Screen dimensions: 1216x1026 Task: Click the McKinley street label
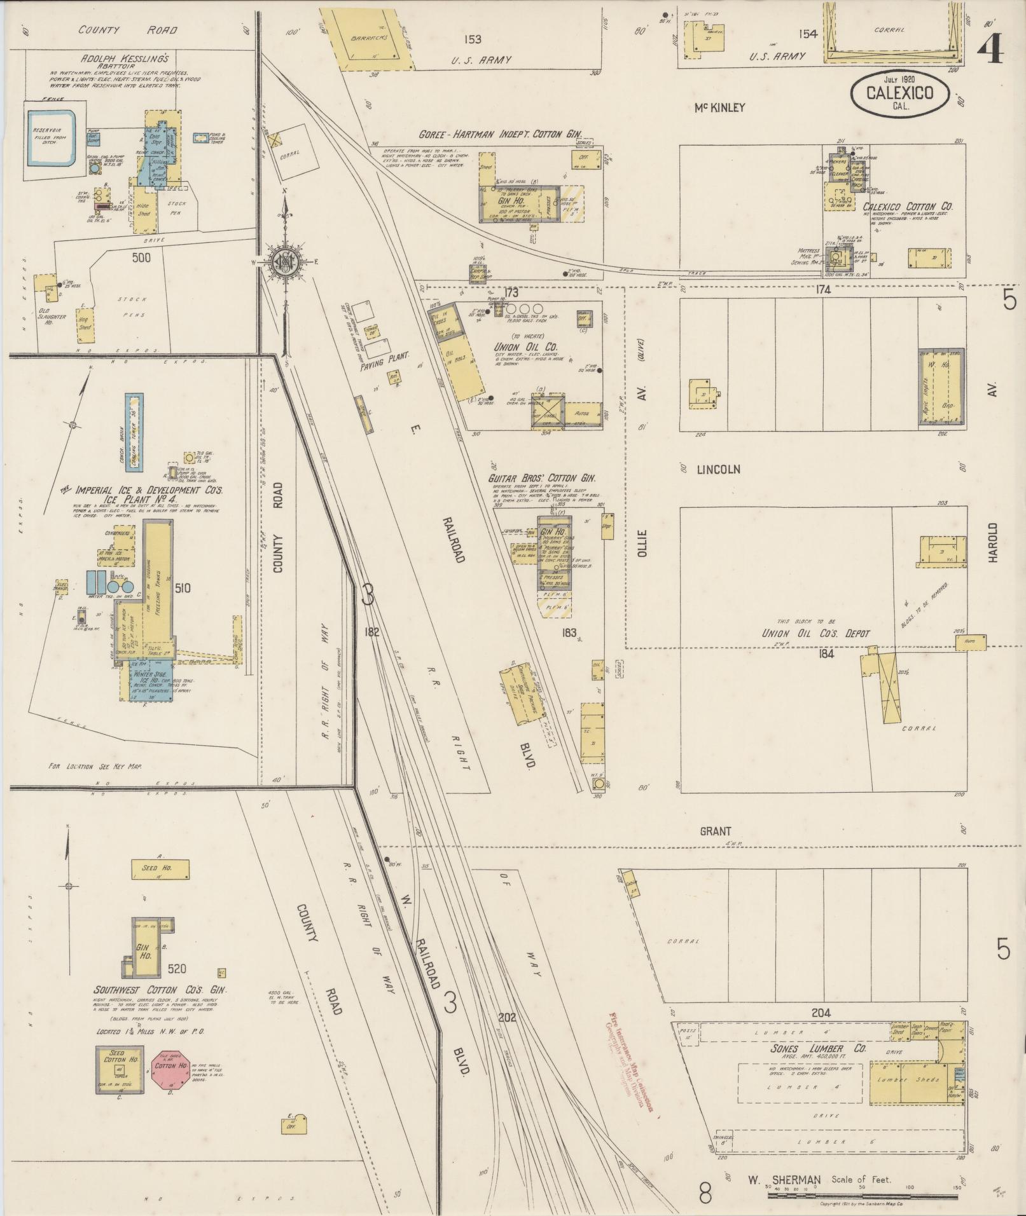click(x=719, y=108)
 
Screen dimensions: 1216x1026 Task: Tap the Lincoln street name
click(x=719, y=470)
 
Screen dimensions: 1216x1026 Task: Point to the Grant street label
click(x=716, y=831)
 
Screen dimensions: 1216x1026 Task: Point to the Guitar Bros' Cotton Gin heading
click(x=546, y=479)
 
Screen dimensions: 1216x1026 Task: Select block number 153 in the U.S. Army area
click(x=472, y=39)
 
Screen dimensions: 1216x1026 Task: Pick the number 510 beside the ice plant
click(x=182, y=589)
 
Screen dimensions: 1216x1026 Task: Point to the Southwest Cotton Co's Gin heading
click(x=160, y=1008)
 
